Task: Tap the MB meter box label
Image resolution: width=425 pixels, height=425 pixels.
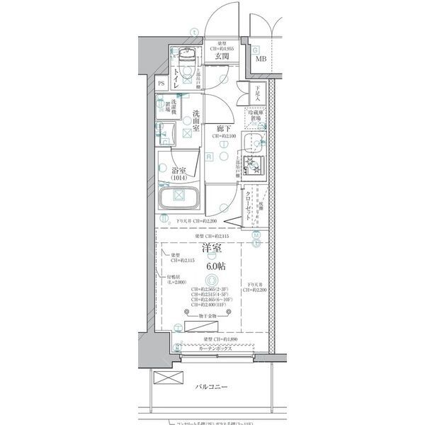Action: point(261,59)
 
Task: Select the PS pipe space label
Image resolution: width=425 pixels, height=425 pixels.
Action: point(162,83)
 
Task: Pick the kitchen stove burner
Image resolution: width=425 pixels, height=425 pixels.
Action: point(252,167)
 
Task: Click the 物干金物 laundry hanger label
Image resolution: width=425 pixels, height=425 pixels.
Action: point(212,313)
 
